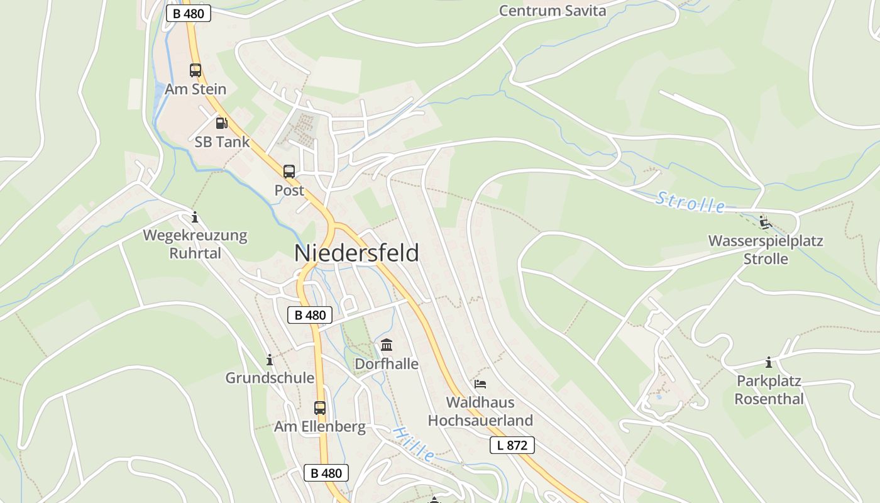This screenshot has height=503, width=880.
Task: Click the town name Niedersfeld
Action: (356, 253)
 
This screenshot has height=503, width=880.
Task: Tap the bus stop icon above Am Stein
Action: (195, 70)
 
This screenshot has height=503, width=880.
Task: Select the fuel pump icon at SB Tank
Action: (221, 123)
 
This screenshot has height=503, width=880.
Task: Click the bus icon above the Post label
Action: (289, 172)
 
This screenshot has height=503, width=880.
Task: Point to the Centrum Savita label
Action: (553, 11)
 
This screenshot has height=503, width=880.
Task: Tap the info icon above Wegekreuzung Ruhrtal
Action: (195, 218)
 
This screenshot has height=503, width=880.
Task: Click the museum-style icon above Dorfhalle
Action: (387, 345)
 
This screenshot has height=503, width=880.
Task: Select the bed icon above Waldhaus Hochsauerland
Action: (480, 384)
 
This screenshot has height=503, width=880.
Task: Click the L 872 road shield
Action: (512, 445)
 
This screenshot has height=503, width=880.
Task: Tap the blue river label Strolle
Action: (690, 202)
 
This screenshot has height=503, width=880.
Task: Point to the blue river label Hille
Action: (414, 443)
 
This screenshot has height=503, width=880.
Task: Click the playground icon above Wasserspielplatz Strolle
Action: (765, 223)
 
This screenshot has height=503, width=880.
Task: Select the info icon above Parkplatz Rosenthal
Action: (768, 363)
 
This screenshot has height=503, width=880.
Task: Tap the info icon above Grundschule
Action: (270, 360)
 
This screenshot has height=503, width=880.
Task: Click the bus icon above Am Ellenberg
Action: (320, 408)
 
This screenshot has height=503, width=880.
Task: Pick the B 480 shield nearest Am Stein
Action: (188, 13)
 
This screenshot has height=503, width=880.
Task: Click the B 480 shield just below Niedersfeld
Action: (310, 315)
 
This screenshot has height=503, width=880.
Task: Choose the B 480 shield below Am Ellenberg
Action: (326, 473)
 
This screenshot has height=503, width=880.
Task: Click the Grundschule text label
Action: (270, 378)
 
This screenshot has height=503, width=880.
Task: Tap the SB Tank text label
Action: (222, 142)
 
